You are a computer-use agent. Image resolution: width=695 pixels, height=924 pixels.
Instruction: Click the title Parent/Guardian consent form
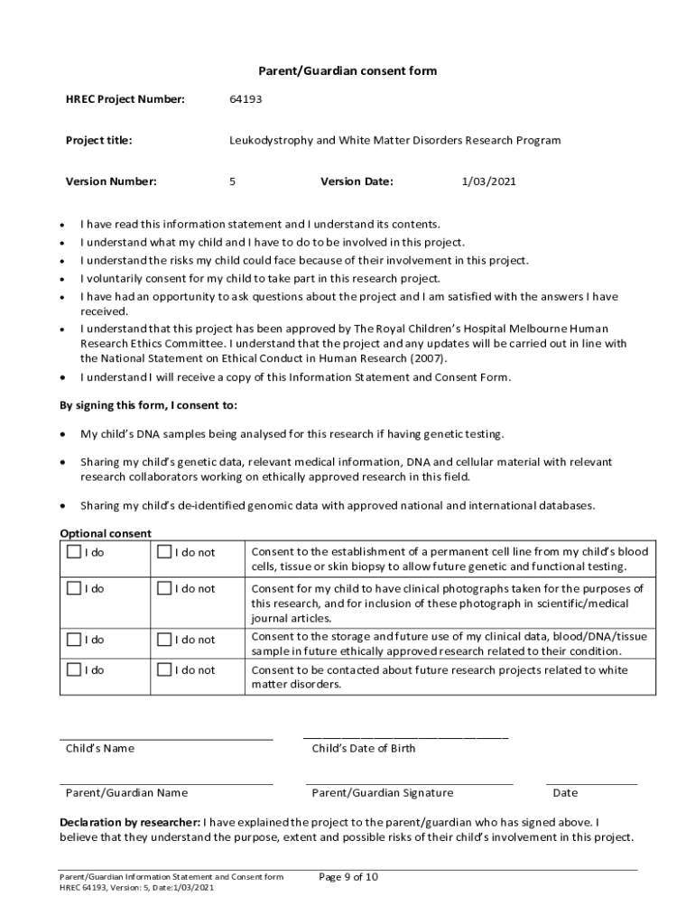(347, 71)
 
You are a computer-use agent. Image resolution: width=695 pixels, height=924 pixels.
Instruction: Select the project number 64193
(246, 98)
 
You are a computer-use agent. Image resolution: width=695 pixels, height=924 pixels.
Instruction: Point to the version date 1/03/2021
(488, 181)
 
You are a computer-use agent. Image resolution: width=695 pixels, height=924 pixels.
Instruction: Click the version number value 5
(233, 181)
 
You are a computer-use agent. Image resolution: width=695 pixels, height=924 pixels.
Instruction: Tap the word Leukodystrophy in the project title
(270, 140)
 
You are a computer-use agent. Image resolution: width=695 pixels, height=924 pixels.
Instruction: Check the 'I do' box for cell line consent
(73, 551)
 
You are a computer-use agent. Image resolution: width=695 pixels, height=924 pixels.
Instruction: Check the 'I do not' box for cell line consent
(164, 551)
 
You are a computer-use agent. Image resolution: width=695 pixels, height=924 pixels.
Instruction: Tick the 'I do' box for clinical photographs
(73, 588)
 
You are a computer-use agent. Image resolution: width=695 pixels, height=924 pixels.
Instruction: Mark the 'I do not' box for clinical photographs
(164, 588)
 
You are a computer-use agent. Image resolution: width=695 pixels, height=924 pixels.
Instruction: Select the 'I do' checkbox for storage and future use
(73, 639)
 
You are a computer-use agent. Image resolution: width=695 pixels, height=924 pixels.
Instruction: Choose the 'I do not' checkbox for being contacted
(164, 670)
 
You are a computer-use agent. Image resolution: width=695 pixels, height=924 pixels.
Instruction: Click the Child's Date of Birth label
(364, 748)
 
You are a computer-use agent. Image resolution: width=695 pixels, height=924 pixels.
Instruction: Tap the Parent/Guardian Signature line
(409, 782)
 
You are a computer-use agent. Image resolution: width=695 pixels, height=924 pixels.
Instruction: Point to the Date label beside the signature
(565, 793)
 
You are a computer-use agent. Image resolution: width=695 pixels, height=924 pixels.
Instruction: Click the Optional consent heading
(106, 533)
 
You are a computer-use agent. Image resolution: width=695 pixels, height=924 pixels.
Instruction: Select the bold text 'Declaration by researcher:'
(130, 822)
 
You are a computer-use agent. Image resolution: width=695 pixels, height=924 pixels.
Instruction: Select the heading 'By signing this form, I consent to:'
(148, 405)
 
